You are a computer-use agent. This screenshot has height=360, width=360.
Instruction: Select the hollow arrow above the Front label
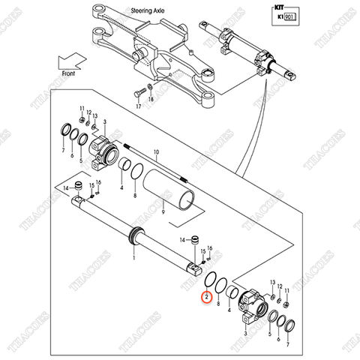(73, 60)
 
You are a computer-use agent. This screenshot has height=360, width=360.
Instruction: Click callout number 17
(137, 107)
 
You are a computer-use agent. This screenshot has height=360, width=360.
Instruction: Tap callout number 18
(151, 100)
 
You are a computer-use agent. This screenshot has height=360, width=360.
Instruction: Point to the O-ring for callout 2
(212, 283)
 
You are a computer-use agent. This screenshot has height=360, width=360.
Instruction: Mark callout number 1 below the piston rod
(133, 256)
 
